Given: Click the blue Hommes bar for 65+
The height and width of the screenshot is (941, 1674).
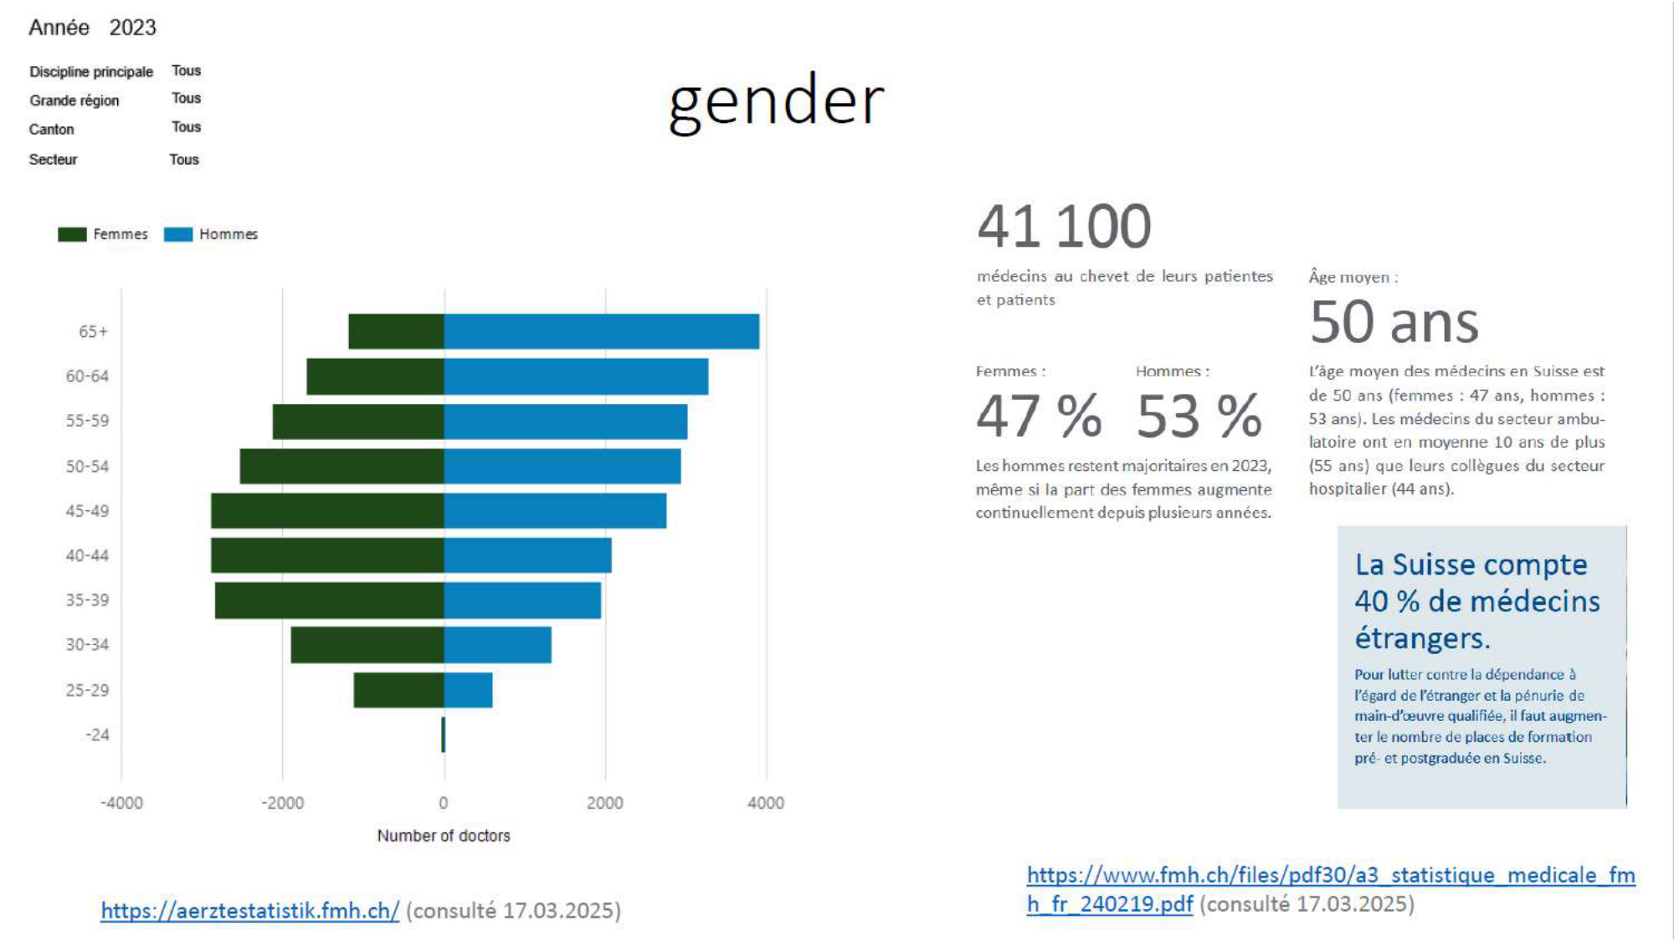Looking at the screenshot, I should coord(601,331).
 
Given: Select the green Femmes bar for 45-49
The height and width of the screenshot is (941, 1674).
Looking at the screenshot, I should coord(327,510).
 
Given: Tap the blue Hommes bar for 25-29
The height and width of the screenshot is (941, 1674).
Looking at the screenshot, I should coord(468,690).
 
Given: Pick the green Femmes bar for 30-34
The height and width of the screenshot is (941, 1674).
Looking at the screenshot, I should coord(367,645).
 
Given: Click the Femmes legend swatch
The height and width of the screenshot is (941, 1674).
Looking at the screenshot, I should coord(72,234).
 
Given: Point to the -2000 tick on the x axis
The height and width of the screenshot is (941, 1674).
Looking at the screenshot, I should coord(283,803).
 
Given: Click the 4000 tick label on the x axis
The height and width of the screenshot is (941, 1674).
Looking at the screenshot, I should coord(766,803).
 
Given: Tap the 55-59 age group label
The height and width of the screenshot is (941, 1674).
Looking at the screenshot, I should coord(87,421).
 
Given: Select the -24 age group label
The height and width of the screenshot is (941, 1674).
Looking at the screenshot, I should coord(97,735).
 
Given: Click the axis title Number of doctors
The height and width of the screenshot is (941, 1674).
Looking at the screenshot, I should coord(444,836).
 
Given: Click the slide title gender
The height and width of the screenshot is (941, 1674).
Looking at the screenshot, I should coord(776,102).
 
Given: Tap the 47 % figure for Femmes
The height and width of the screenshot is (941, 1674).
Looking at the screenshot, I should coord(1039,416).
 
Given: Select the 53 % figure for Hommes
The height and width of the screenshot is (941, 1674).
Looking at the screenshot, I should coord(1199,416).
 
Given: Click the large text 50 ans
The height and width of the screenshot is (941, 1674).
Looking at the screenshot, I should coord(1394,322).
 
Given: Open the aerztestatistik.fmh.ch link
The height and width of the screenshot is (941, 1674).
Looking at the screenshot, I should coord(250,910).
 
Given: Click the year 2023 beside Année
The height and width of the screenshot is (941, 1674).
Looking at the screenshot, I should coord(132,28).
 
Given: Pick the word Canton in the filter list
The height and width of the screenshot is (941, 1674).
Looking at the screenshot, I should coord(52,130).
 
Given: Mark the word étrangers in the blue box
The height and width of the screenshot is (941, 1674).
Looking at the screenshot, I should coord(1422,638).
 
